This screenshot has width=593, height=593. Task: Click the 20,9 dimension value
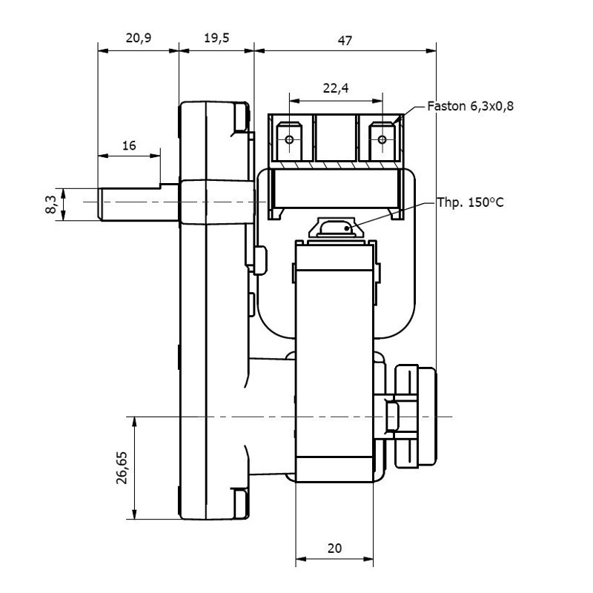tap(139, 39)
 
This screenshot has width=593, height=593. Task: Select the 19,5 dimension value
tap(216, 39)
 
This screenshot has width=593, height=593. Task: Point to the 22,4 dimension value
tap(336, 88)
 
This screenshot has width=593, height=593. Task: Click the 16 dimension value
tap(129, 146)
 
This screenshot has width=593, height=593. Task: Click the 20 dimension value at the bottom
tap(334, 549)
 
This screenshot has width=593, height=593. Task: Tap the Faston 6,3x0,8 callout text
tap(471, 106)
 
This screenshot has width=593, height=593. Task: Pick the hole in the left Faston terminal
tap(290, 139)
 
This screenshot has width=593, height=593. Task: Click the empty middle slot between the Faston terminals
tap(336, 139)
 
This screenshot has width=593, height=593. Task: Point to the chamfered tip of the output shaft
tap(101, 202)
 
